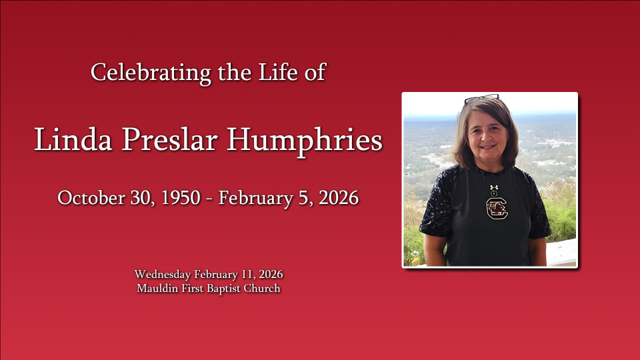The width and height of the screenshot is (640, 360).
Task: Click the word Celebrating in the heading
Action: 151,73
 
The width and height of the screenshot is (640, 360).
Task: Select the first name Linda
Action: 73,139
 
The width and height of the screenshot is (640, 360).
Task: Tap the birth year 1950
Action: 181,198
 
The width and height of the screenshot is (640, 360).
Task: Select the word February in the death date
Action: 255,199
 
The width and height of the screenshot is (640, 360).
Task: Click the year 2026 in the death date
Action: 339,198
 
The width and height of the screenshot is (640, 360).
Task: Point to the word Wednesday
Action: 163,274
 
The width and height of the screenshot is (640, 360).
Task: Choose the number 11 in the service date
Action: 249,274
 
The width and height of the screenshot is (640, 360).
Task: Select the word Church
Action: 262,288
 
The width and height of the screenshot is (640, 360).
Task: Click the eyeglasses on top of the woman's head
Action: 481,98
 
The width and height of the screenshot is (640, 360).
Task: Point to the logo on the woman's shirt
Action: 497,208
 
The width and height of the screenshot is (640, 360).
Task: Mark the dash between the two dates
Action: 209,199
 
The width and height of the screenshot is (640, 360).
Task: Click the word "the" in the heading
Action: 234,72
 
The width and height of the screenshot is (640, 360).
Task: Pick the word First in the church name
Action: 193,288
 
